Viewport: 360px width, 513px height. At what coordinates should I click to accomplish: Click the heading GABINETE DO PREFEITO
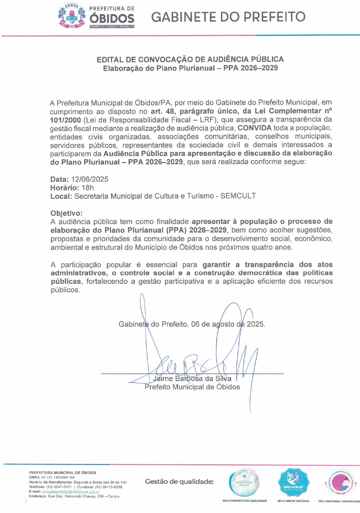pos(228,17)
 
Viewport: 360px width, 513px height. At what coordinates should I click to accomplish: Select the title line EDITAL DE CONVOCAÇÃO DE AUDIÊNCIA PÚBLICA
pos(190,59)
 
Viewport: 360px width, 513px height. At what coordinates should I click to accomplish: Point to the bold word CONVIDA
pos(254,128)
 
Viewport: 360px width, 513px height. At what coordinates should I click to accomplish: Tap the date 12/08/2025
pos(90,179)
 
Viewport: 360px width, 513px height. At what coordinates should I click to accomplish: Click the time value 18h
pos(88,188)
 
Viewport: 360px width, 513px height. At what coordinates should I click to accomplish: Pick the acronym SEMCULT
pos(238,196)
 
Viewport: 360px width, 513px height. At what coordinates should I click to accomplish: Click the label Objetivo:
pos(67,213)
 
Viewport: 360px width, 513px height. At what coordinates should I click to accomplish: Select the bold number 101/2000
pos(65,120)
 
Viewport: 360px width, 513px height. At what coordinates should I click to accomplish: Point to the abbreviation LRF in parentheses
pos(207,120)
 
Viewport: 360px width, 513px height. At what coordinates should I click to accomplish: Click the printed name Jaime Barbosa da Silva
pos(192,379)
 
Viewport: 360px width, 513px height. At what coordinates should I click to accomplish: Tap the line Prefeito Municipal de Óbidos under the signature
pos(192,387)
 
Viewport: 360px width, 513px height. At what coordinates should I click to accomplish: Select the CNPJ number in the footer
pos(58,477)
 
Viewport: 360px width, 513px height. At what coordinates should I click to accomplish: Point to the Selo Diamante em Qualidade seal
pos(244,483)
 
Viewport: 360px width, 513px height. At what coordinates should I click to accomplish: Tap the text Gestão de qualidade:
pos(179,482)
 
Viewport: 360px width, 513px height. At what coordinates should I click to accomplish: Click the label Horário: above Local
pos(65,188)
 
